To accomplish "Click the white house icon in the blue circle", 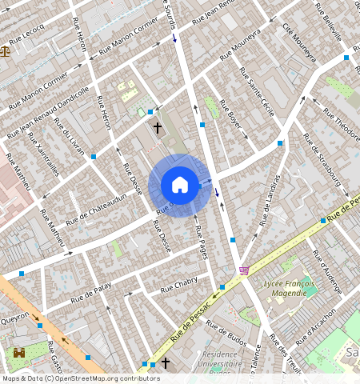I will (x=180, y=185).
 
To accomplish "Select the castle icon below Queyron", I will (x=20, y=352).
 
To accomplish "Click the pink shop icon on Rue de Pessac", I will (x=243, y=270).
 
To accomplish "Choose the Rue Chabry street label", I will (x=179, y=285).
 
